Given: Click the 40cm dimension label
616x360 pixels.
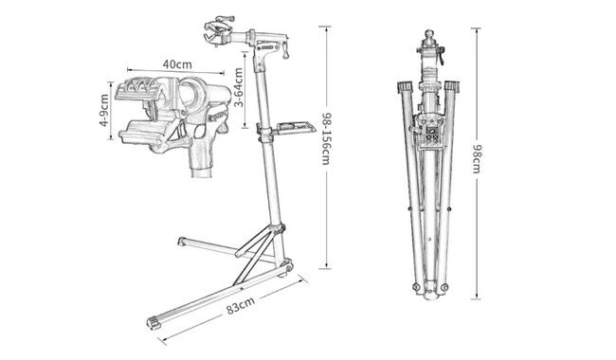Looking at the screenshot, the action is click(x=177, y=63).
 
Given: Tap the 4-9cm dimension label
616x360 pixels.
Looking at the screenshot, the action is click(x=103, y=110).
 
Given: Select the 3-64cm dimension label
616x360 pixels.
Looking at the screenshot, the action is click(x=238, y=87).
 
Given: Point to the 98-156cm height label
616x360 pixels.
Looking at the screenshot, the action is click(x=327, y=139).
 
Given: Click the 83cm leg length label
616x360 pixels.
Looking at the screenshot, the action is click(x=241, y=305).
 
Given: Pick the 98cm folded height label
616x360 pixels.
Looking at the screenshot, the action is click(x=477, y=159).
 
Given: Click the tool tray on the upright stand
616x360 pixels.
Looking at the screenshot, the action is click(x=296, y=128).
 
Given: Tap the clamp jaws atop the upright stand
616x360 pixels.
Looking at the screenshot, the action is click(x=218, y=29).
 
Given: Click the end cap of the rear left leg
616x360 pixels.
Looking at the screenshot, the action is click(x=182, y=241).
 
